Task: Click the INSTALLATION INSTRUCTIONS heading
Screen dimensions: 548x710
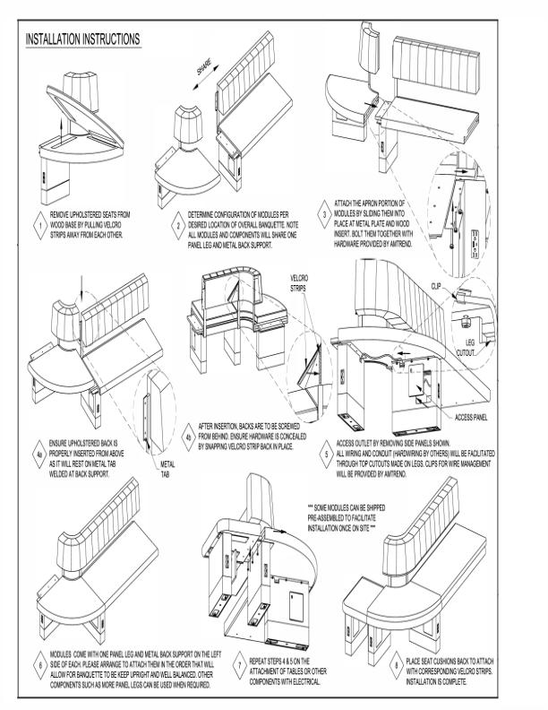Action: [82, 39]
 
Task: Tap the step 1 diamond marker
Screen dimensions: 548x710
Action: [40, 225]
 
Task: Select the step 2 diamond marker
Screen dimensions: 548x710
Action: [178, 226]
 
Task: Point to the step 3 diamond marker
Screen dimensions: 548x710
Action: [324, 214]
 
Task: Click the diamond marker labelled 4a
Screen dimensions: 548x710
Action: [39, 455]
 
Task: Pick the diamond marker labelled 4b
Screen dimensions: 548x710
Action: [189, 437]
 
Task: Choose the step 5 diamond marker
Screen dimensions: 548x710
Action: [327, 455]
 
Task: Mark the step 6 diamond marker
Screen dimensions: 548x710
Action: [40, 665]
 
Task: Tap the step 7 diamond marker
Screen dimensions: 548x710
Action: [240, 666]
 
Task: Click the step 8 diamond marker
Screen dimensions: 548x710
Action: [396, 665]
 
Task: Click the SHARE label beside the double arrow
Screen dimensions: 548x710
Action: [203, 66]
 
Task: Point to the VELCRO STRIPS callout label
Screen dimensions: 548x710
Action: [299, 283]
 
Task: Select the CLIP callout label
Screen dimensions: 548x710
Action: [436, 286]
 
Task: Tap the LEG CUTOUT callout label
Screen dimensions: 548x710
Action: [466, 348]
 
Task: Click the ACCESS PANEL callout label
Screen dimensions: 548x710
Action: [471, 418]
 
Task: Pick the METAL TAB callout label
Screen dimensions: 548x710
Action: [167, 469]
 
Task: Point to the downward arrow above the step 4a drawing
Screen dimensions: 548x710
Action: [81, 287]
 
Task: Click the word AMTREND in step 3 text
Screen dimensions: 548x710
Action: [399, 244]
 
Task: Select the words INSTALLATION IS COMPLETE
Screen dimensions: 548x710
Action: [436, 681]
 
